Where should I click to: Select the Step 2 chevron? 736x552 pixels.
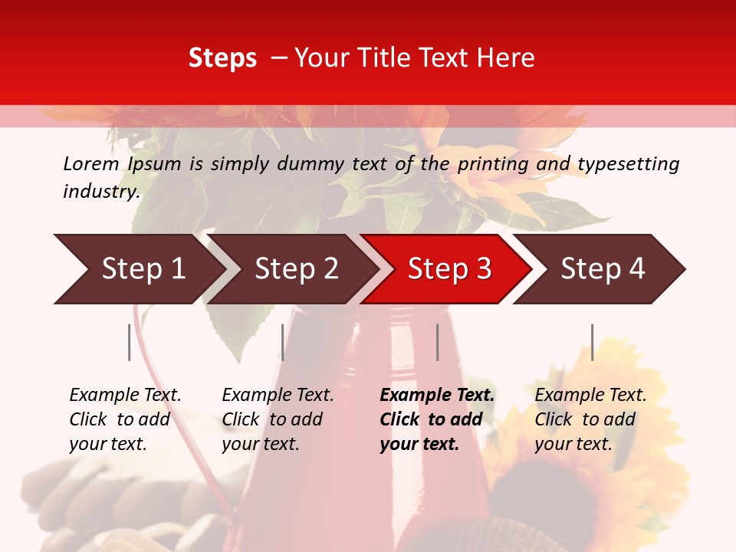coord(296,269)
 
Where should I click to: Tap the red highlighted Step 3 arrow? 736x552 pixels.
coord(449,269)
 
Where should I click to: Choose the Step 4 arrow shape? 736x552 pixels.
coord(603,269)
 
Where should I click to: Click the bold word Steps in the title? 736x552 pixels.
coord(222,58)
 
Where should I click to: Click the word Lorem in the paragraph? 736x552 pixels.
coord(91,163)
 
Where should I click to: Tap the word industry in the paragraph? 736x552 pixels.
coord(100,191)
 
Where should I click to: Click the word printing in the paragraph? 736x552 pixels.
coord(489,164)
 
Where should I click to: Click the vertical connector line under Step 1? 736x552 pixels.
coord(130,342)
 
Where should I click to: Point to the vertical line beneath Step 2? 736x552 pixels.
coord(283,342)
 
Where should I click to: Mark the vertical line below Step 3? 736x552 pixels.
coord(437,342)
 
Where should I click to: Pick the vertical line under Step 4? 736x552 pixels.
coord(593,342)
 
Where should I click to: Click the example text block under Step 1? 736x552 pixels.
coord(125,419)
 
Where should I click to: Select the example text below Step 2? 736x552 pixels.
coord(278,419)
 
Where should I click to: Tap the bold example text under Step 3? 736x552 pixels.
coord(437,419)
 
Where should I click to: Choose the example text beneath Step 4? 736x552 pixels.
coord(590,419)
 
